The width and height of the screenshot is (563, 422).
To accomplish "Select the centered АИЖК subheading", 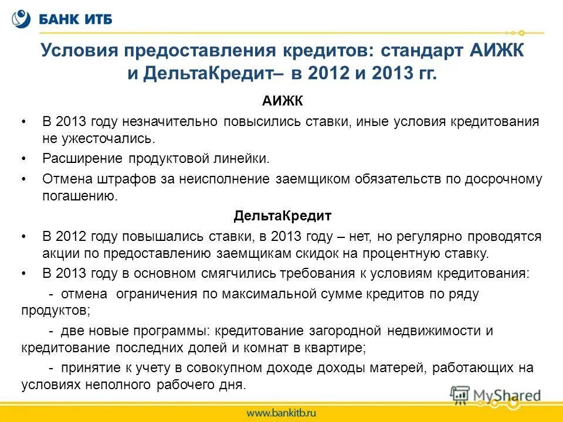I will tap(282, 102).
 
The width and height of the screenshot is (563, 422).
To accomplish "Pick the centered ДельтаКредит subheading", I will tap(282, 216).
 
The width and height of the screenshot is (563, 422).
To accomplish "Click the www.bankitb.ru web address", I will tap(281, 413).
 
